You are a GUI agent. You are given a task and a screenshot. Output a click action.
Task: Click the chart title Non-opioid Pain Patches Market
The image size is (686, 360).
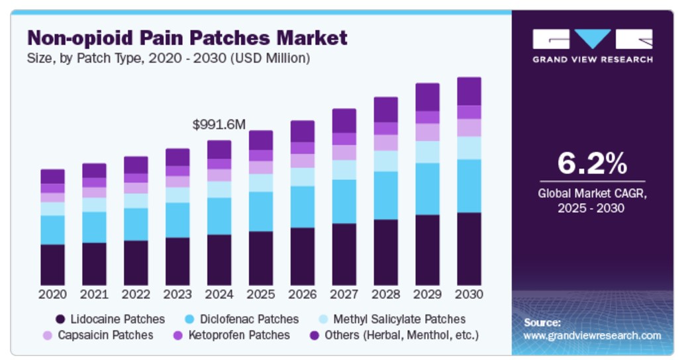(187, 37)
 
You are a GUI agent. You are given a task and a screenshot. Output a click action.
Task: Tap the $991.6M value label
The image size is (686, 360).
(219, 124)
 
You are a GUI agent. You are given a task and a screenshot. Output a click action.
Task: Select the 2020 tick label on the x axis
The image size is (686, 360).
(52, 294)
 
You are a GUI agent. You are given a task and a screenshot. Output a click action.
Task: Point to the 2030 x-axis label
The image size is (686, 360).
(469, 294)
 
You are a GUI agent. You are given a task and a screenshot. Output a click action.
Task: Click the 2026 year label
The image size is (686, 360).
(303, 294)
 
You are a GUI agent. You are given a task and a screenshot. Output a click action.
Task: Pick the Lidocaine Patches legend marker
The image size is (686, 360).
(60, 319)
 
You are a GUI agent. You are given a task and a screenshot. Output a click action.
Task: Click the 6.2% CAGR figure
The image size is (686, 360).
(592, 163)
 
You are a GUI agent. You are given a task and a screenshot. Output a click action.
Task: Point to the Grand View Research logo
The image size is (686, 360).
(592, 46)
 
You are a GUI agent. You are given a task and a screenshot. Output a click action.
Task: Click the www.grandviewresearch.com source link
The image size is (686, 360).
(592, 336)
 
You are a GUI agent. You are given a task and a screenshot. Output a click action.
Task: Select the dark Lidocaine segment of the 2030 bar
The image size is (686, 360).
(469, 249)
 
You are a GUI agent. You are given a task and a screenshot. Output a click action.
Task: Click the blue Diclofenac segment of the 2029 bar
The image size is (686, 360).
(427, 189)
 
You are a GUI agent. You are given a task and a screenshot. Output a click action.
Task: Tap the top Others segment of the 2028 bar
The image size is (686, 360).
(385, 109)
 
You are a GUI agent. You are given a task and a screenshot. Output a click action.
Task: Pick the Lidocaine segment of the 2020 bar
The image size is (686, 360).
(52, 265)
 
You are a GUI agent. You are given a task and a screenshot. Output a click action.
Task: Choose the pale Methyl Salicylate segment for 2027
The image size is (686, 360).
(344, 169)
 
